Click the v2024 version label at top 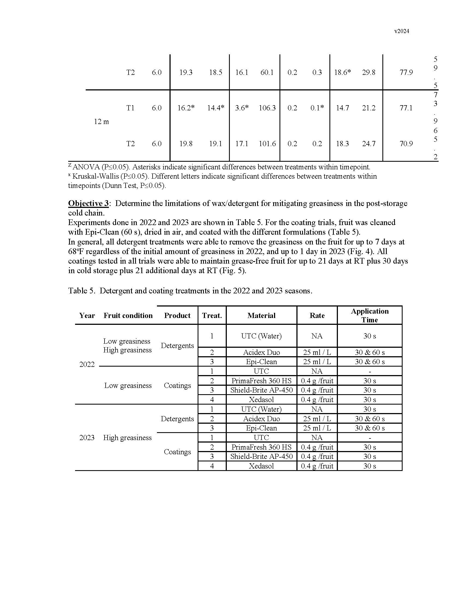(x=401, y=31)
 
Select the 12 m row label (x=102, y=122)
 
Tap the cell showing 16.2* (x=186, y=108)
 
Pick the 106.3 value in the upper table (x=267, y=108)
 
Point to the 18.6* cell (x=342, y=72)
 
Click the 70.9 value (x=406, y=144)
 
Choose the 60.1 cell (x=267, y=72)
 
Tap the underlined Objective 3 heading (x=88, y=203)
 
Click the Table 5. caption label (x=82, y=291)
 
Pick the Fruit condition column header (x=128, y=315)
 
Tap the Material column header (x=261, y=315)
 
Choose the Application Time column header (x=370, y=315)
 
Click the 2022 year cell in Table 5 (x=87, y=364)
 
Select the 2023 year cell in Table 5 (x=87, y=438)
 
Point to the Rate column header (x=317, y=315)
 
